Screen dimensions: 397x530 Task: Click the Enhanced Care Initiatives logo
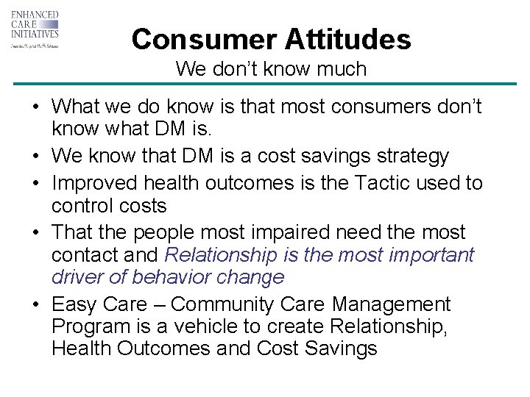pyautogui.click(x=35, y=29)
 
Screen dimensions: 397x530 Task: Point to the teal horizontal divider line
pyautogui.click(x=265, y=85)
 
